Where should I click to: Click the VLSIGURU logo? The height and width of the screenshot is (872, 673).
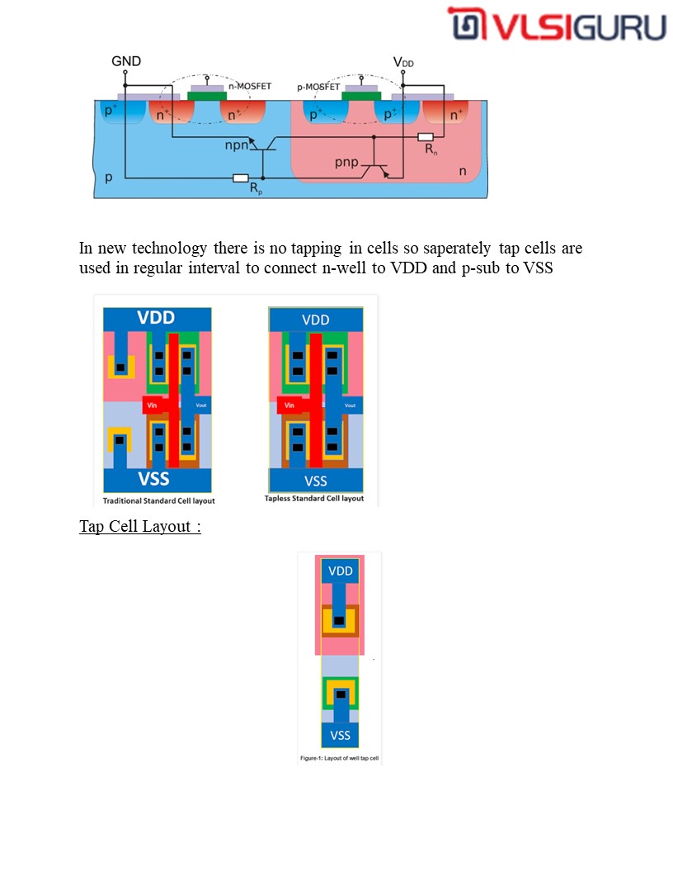point(557,26)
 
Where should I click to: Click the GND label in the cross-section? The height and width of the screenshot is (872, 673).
point(126,61)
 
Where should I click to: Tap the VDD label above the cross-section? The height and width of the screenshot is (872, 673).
point(403,62)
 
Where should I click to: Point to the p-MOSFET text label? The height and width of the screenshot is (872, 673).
point(318,87)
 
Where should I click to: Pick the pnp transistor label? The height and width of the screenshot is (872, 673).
point(347,162)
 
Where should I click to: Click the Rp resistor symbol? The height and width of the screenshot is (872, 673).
point(241,178)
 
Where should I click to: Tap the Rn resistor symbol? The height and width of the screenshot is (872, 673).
point(426,137)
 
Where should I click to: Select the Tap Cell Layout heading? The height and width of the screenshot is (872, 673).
point(140,526)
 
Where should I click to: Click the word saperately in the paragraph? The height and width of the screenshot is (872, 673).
point(459,248)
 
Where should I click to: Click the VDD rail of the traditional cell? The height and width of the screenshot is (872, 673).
point(157,319)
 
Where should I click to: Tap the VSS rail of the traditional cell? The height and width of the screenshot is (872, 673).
point(157,480)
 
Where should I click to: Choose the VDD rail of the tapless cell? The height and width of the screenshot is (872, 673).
point(315,320)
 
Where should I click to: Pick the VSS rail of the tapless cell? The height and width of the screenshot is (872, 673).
point(315,481)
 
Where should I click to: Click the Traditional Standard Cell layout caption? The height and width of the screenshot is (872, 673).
point(158,500)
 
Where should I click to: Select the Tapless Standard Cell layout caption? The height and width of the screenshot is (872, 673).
point(314,499)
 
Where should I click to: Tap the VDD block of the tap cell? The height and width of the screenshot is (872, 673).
point(340,571)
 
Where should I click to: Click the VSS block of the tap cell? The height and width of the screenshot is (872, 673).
point(340,735)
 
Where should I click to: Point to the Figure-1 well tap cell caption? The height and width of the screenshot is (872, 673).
point(339,757)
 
